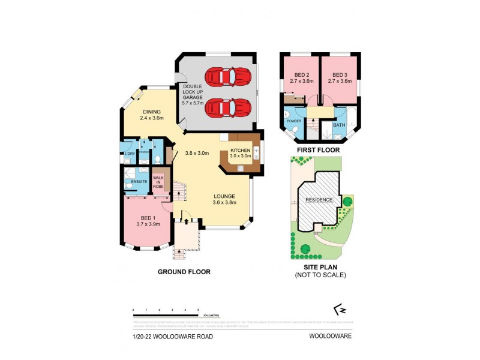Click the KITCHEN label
tap(241, 151)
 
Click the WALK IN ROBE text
tap(158, 182)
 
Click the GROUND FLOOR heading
tap(184, 272)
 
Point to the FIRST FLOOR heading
tap(318, 150)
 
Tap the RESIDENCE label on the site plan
tap(320, 200)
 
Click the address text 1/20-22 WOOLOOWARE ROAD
tap(172, 336)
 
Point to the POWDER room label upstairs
tap(294, 121)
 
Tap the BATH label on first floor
tap(339, 125)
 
